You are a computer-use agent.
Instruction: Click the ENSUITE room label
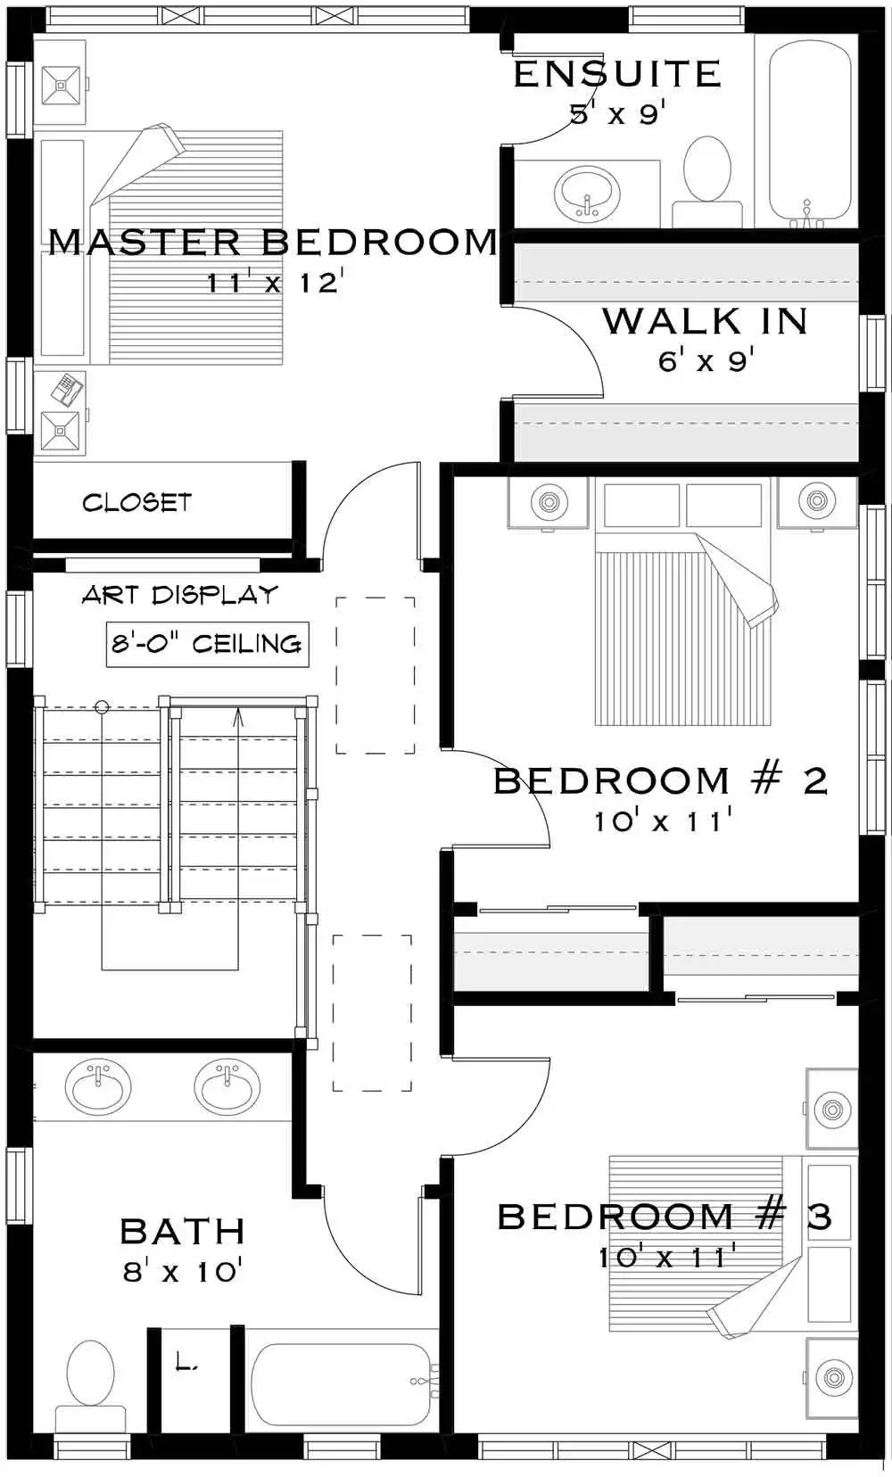(617, 74)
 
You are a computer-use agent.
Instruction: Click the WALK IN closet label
(705, 321)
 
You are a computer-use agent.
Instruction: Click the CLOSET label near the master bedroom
(136, 503)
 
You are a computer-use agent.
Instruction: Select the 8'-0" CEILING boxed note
(207, 643)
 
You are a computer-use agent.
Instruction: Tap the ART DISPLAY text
(179, 595)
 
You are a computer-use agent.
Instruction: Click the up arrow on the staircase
(238, 717)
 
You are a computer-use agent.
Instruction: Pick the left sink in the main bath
(98, 1086)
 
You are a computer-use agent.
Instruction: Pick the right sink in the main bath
(227, 1086)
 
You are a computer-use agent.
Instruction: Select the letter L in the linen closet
(185, 1362)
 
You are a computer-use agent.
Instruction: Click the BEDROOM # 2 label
(660, 780)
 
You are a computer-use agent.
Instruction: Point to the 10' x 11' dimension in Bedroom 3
(666, 1258)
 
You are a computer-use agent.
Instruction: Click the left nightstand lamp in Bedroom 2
(549, 501)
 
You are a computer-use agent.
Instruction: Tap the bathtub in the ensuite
(807, 129)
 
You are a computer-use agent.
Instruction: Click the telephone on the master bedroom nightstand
(67, 390)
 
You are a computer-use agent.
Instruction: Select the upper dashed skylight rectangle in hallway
(375, 675)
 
